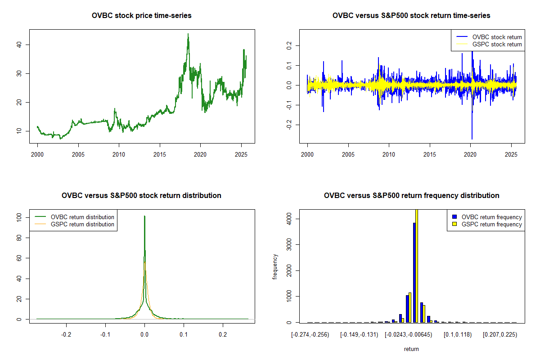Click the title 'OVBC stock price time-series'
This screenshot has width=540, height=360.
(142, 16)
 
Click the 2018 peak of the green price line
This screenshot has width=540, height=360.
(188, 34)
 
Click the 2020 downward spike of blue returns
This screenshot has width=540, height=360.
(472, 137)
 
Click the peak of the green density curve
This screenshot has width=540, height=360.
(144, 216)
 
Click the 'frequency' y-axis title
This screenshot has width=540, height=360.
(275, 267)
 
